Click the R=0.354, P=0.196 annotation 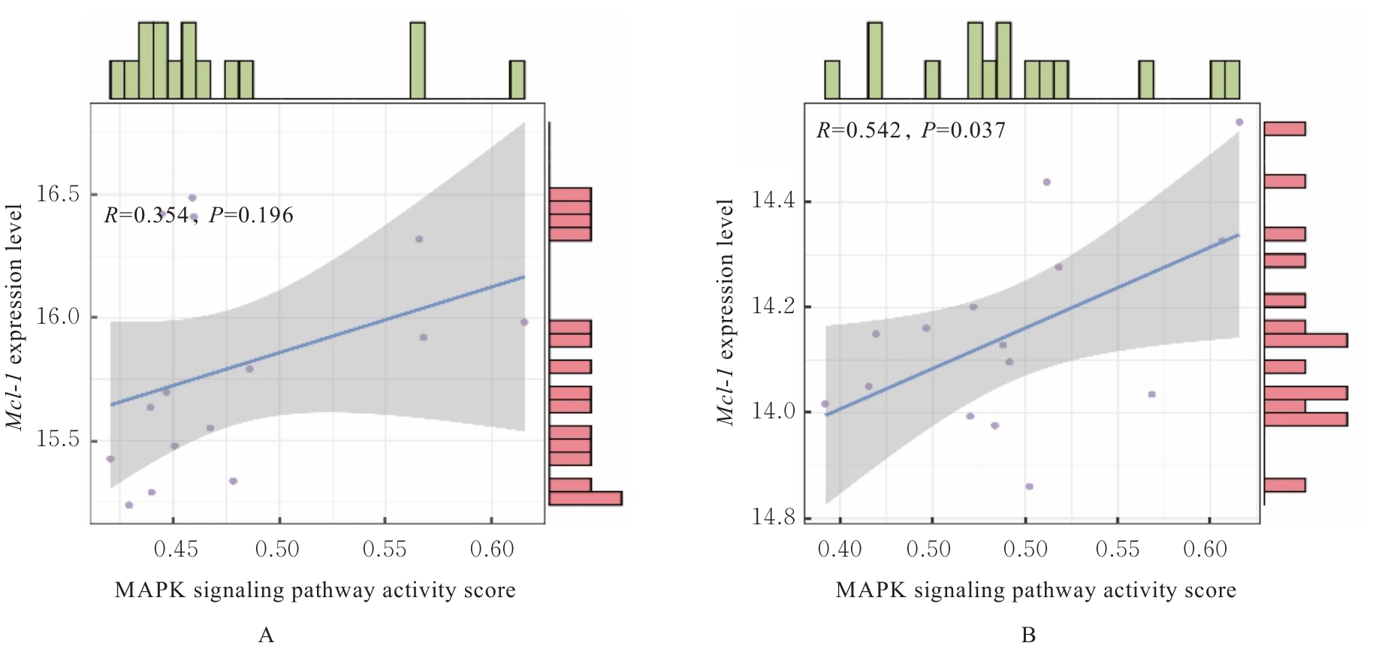pyautogui.click(x=198, y=216)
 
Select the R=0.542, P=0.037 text pyautogui.click(x=910, y=131)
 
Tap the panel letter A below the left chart pyautogui.click(x=266, y=635)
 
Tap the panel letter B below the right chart pyautogui.click(x=1028, y=635)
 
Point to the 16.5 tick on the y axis pyautogui.click(x=58, y=194)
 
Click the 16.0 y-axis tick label pyautogui.click(x=58, y=316)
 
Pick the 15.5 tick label pyautogui.click(x=58, y=439)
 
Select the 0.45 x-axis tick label pyautogui.click(x=176, y=549)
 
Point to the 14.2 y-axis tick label pyautogui.click(x=773, y=306)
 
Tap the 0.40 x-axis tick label pyautogui.click(x=840, y=549)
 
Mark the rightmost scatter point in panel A pyautogui.click(x=524, y=322)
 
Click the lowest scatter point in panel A pyautogui.click(x=128, y=505)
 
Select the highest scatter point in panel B pyautogui.click(x=1239, y=122)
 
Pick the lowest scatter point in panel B pyautogui.click(x=1029, y=487)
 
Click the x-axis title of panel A pyautogui.click(x=315, y=590)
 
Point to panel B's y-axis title pyautogui.click(x=725, y=312)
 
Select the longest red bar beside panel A pyautogui.click(x=585, y=498)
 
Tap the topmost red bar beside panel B pyautogui.click(x=1284, y=128)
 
